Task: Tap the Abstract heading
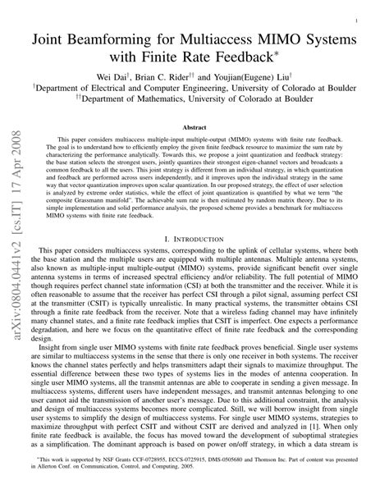(x=194, y=128)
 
